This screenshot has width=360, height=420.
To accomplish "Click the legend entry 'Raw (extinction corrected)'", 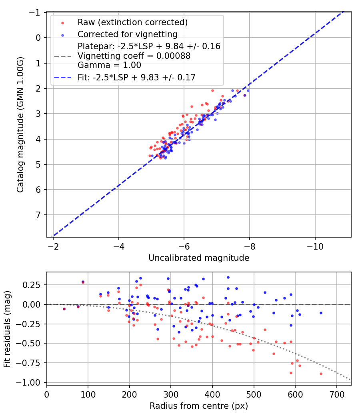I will (132, 22).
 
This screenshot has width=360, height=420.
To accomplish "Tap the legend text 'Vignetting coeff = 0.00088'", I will (134, 56).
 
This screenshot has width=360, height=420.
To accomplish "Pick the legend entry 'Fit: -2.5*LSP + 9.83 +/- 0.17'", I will (136, 78).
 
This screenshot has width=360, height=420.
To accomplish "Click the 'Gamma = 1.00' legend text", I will (109, 65).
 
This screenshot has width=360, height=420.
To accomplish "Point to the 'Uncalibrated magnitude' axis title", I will (199, 258).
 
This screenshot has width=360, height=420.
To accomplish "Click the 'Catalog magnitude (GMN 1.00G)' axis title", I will (20, 125).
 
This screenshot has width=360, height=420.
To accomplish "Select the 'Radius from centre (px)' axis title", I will (199, 406).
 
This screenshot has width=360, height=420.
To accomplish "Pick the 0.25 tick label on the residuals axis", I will (34, 285).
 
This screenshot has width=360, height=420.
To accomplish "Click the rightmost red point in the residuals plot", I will (321, 374).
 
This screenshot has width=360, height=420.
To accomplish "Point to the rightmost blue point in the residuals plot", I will (321, 313).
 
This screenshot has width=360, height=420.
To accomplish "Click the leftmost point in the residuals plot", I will (64, 309).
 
